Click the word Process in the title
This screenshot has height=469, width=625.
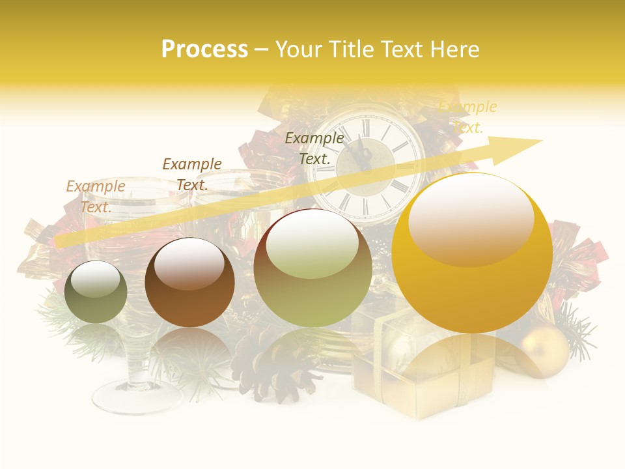[x=204, y=50]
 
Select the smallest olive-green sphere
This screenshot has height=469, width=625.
[x=96, y=292]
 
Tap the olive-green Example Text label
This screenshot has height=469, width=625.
[x=314, y=148]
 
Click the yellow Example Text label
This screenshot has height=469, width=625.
[x=467, y=117]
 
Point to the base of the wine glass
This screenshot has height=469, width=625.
[x=137, y=394]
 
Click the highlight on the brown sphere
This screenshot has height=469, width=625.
[x=189, y=264]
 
